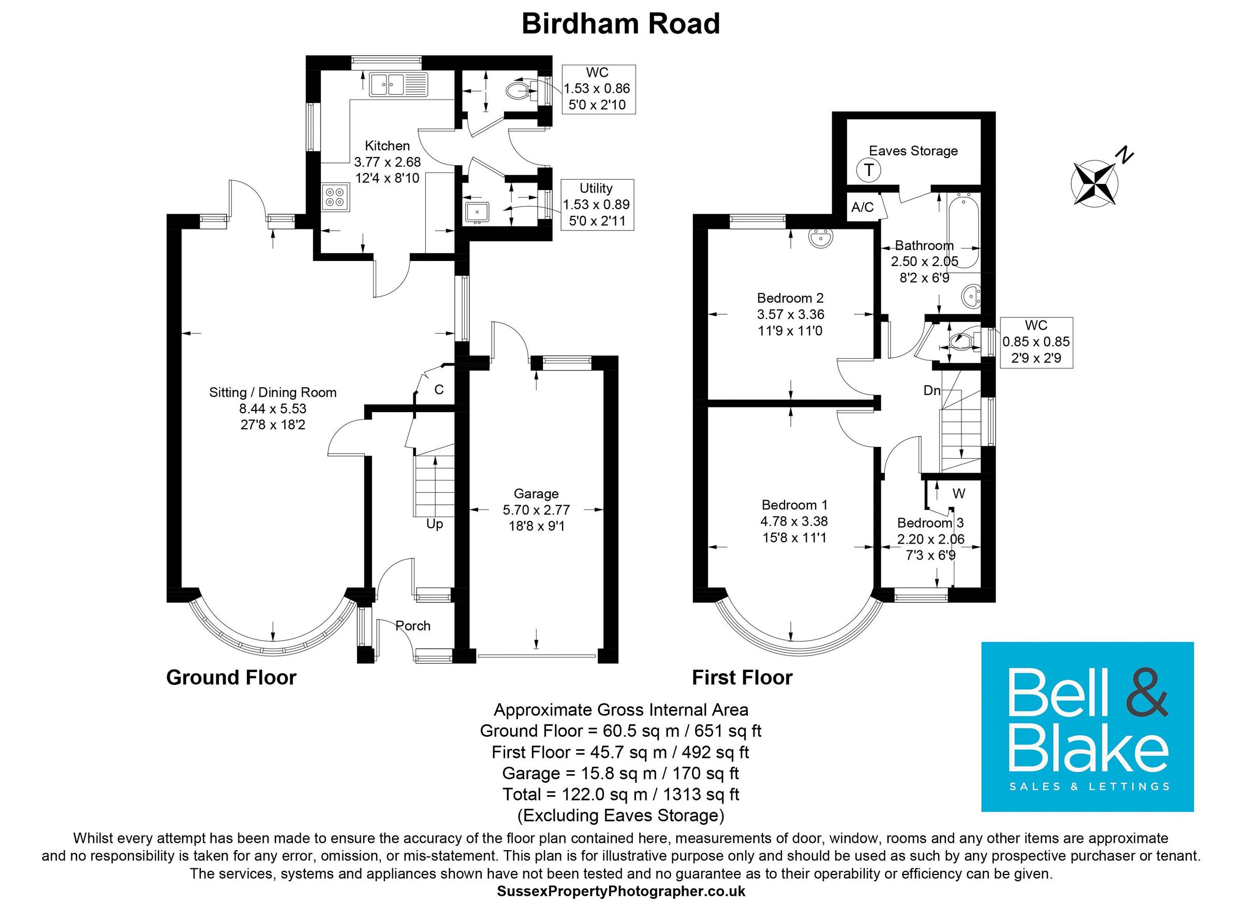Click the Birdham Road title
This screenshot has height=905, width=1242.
click(x=620, y=25)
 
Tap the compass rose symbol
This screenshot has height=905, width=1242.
click(x=1094, y=183)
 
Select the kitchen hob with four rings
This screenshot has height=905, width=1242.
click(x=335, y=197)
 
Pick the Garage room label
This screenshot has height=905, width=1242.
click(x=536, y=494)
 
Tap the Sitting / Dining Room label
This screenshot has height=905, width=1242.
click(x=273, y=392)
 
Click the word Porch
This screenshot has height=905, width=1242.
click(x=413, y=625)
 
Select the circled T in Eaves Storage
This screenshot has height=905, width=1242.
click(x=868, y=170)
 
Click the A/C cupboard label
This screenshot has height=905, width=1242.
click(x=863, y=207)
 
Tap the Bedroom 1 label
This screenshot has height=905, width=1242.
click(x=794, y=505)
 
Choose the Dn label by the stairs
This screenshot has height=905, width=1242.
click(x=932, y=390)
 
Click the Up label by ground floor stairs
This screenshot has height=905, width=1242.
click(x=435, y=524)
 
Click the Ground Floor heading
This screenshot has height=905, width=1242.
click(x=231, y=678)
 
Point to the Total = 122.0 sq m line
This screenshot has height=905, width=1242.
click(x=620, y=794)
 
